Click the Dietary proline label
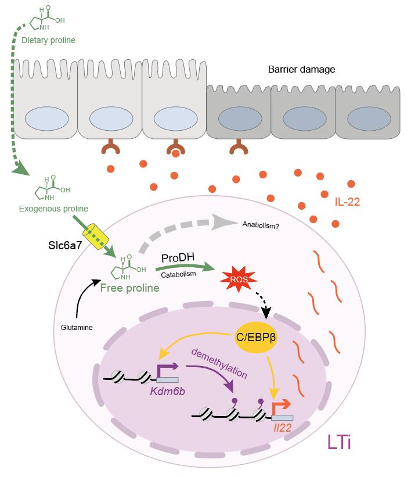(x=49, y=40)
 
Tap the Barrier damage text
(x=301, y=70)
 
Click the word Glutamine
(x=76, y=327)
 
